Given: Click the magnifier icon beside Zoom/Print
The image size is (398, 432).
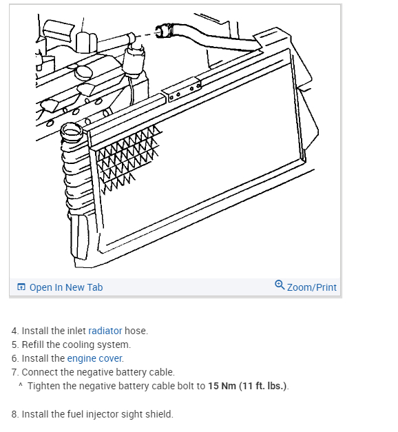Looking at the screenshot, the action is [280, 285].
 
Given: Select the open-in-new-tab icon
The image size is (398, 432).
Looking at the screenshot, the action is [21, 287].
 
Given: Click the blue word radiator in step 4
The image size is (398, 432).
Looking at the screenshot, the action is [105, 331].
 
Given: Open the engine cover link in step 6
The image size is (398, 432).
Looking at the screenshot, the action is [95, 358].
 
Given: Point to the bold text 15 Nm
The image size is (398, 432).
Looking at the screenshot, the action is [222, 386].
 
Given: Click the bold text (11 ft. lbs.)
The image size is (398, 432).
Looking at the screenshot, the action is [263, 386].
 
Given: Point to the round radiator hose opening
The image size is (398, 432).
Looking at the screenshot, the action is [72, 131].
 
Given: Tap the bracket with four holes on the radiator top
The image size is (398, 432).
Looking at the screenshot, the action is [182, 90].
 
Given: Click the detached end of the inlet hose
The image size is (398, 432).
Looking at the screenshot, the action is [164, 31].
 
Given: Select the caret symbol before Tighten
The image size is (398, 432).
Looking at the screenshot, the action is [21, 384].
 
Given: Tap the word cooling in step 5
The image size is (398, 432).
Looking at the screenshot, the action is [77, 344].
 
